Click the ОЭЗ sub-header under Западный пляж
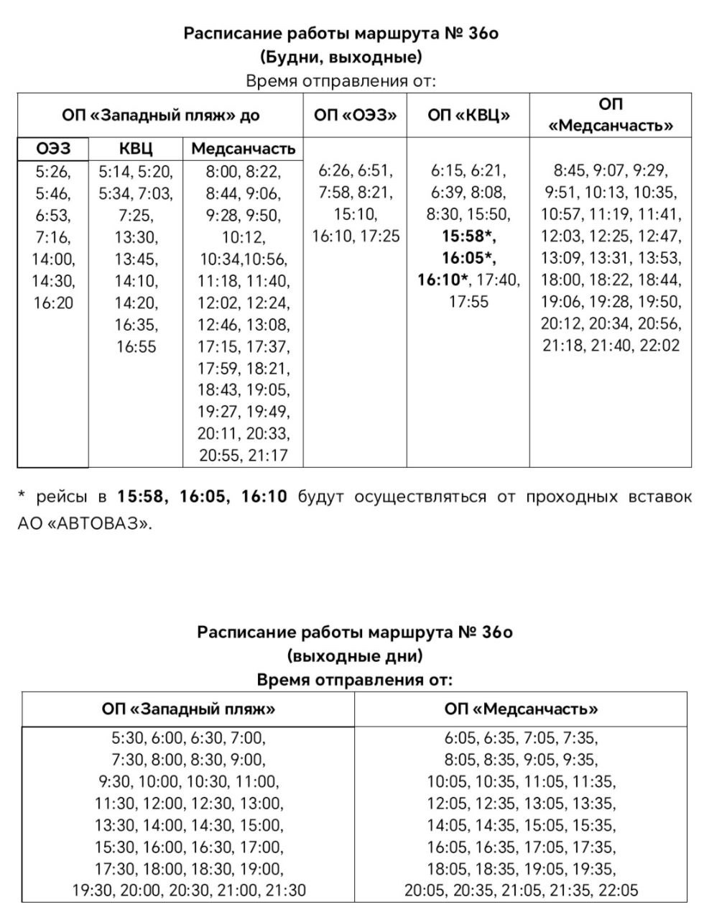tap(54, 149)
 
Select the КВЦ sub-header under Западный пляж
tap(136, 149)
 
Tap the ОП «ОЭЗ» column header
tap(355, 115)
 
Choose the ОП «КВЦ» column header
tap(468, 115)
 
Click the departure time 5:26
tap(52, 172)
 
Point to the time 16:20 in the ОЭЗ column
tap(54, 303)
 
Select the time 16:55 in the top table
tap(136, 346)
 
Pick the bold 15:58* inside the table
tap(469, 236)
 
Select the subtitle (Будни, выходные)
tap(340, 57)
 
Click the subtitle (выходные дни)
tap(355, 655)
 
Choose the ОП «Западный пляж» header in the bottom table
tap(188, 709)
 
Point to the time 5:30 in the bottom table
tap(127, 737)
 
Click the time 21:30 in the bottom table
tap(286, 891)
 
